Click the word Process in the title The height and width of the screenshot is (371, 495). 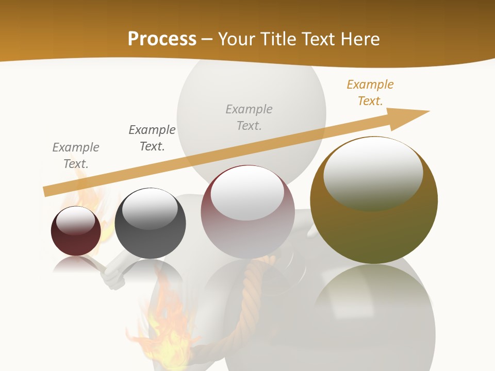point(162,39)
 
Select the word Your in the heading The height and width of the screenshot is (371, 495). point(238,39)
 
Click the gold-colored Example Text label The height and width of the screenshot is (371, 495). point(370,93)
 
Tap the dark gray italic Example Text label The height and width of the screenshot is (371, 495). point(152,138)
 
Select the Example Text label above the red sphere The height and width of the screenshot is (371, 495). point(76,156)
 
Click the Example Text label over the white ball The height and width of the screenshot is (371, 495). point(249,117)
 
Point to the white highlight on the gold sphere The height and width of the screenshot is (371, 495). point(373,173)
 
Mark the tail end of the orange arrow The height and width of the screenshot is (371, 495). point(46,191)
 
